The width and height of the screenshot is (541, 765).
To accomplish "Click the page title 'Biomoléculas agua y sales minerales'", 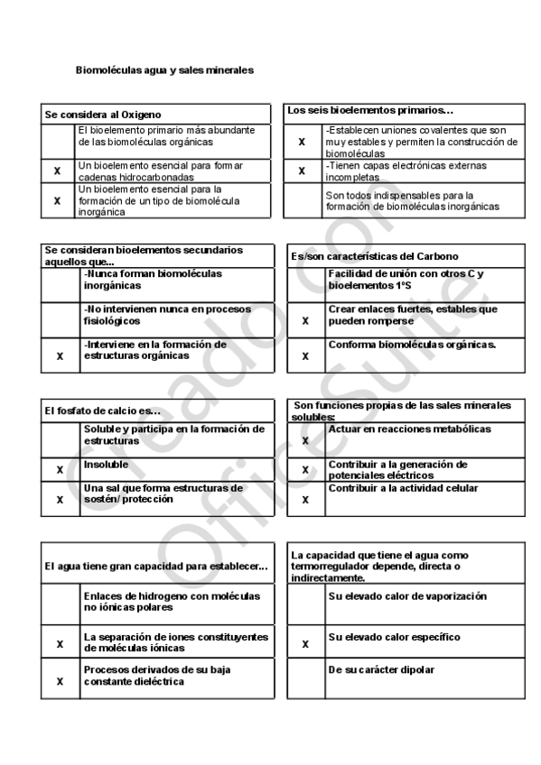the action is coord(163,69).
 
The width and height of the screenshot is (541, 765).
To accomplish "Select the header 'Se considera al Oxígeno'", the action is coord(103,115).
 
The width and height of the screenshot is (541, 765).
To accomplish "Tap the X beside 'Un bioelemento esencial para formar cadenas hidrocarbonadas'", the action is coord(58,171).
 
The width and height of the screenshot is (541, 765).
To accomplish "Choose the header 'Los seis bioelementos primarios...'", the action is coord(370,110).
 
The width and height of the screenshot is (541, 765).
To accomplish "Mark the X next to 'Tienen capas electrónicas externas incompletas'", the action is coord(302,171).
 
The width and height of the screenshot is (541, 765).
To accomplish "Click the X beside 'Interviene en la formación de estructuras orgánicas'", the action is coord(60,356).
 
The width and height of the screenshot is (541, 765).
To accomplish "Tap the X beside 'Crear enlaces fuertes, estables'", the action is coord(305,320).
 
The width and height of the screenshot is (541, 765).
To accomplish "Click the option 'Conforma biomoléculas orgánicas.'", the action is coord(413,345).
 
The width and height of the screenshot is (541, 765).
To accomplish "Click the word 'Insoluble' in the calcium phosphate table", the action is coord(106,465).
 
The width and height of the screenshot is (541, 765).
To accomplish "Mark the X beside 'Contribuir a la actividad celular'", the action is coord(305,499).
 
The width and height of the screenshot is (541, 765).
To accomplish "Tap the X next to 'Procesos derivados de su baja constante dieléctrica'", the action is coord(60,681).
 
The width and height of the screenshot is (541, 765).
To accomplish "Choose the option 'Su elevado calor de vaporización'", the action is coord(407,596).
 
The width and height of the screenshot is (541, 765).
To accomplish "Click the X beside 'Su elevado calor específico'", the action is coord(305,644).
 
